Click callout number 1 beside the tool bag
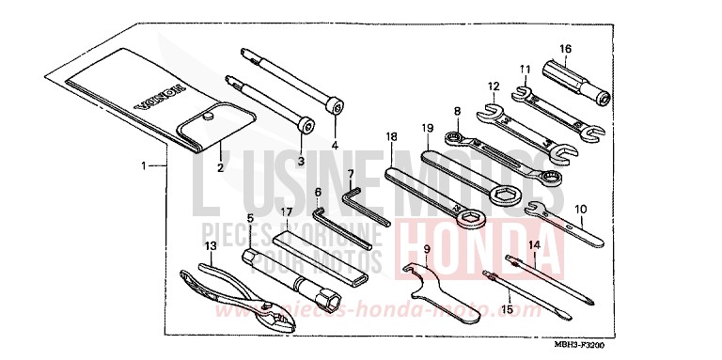tap(145, 164)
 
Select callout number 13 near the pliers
tap(211, 245)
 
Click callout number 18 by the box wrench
tap(391, 137)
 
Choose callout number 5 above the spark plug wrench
tap(250, 218)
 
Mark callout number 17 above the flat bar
tap(286, 213)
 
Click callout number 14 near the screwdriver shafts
tap(534, 245)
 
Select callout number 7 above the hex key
tap(350, 174)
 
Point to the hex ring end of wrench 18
tap(472, 224)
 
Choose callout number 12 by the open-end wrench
tap(493, 86)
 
